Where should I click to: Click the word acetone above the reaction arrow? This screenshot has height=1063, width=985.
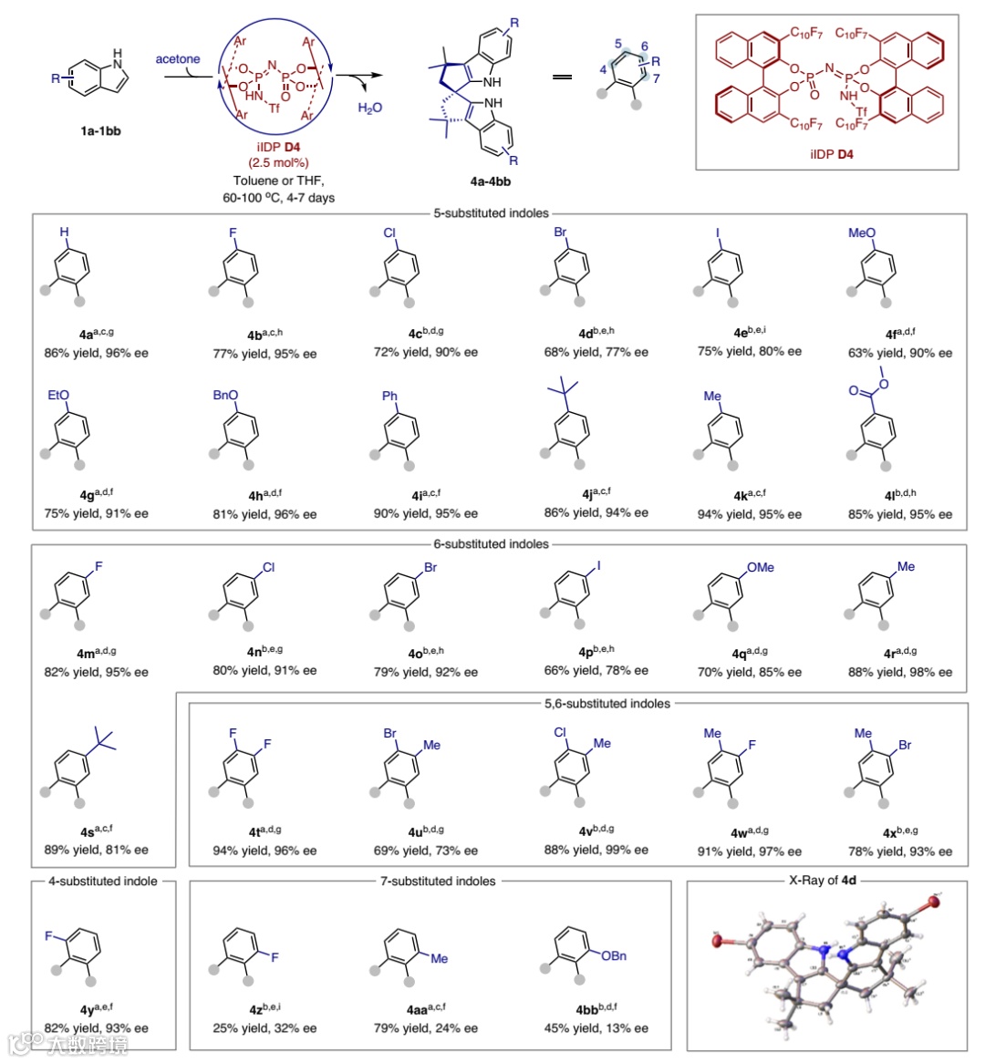pyautogui.click(x=177, y=59)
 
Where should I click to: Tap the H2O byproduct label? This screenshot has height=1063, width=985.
pyautogui.click(x=370, y=108)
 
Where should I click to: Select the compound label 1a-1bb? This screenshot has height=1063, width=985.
pyautogui.click(x=100, y=130)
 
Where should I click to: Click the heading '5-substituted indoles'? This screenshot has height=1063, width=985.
pyautogui.click(x=492, y=213)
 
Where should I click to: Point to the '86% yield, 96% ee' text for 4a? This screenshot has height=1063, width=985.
pyautogui.click(x=96, y=352)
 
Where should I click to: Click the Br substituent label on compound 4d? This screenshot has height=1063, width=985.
pyautogui.click(x=560, y=232)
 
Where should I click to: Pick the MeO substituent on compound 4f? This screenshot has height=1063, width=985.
pyautogui.click(x=861, y=232)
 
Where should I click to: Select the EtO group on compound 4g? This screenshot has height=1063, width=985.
pyautogui.click(x=58, y=395)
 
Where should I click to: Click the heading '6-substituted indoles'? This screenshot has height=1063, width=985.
pyautogui.click(x=492, y=544)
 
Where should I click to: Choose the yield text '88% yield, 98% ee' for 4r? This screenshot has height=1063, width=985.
pyautogui.click(x=899, y=672)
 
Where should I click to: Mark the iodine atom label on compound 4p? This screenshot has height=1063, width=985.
pyautogui.click(x=598, y=566)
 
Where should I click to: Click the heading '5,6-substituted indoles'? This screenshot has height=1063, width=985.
pyautogui.click(x=607, y=704)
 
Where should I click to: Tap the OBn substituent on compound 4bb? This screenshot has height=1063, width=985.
pyautogui.click(x=614, y=955)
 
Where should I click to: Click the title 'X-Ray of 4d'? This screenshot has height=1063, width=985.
pyautogui.click(x=823, y=881)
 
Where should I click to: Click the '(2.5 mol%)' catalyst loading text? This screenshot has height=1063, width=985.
pyautogui.click(x=278, y=163)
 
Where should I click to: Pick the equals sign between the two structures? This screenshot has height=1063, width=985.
pyautogui.click(x=563, y=77)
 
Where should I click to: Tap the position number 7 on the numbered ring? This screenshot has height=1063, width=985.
pyautogui.click(x=656, y=78)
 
